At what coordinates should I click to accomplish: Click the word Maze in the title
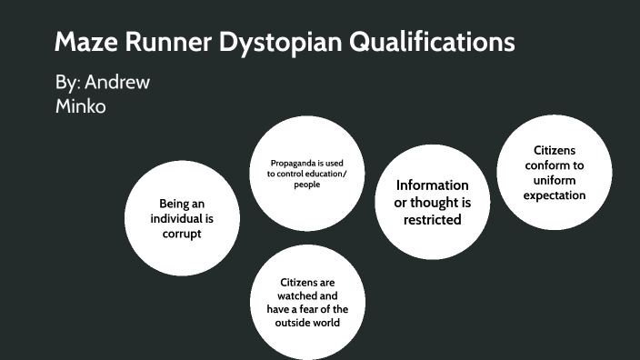pyautogui.click(x=85, y=42)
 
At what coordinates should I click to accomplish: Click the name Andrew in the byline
pyautogui.click(x=117, y=83)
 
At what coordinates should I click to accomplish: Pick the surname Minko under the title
pyautogui.click(x=81, y=105)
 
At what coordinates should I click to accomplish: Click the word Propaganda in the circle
pyautogui.click(x=283, y=164)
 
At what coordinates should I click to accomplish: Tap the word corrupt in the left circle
pyautogui.click(x=182, y=234)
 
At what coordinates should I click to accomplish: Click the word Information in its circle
pyautogui.click(x=432, y=185)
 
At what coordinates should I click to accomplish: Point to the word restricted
pyautogui.click(x=432, y=219)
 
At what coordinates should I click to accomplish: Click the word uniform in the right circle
pyautogui.click(x=555, y=180)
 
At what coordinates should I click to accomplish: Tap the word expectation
pyautogui.click(x=555, y=195)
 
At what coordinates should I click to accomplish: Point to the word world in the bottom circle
pyautogui.click(x=330, y=322)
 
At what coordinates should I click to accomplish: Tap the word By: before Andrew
pyautogui.click(x=67, y=83)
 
